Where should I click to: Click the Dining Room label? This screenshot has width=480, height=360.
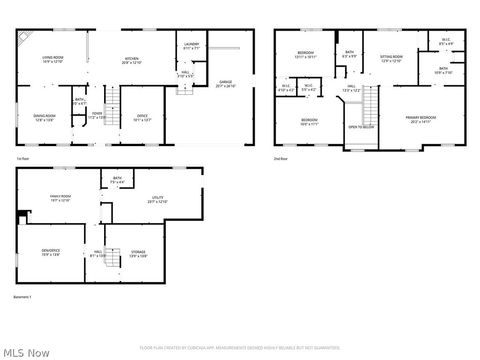tap(44, 118)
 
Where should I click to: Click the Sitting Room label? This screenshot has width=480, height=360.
tap(391, 59)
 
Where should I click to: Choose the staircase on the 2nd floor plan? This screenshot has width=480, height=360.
tap(371, 104)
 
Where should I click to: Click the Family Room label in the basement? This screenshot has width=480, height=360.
tap(60, 198)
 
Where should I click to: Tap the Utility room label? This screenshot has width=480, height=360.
tap(158, 200)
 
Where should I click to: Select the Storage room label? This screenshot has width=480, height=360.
tap(139, 253)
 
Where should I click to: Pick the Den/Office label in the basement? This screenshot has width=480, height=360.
tap(50, 252)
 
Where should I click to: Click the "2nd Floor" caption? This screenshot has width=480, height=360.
tap(281, 158)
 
